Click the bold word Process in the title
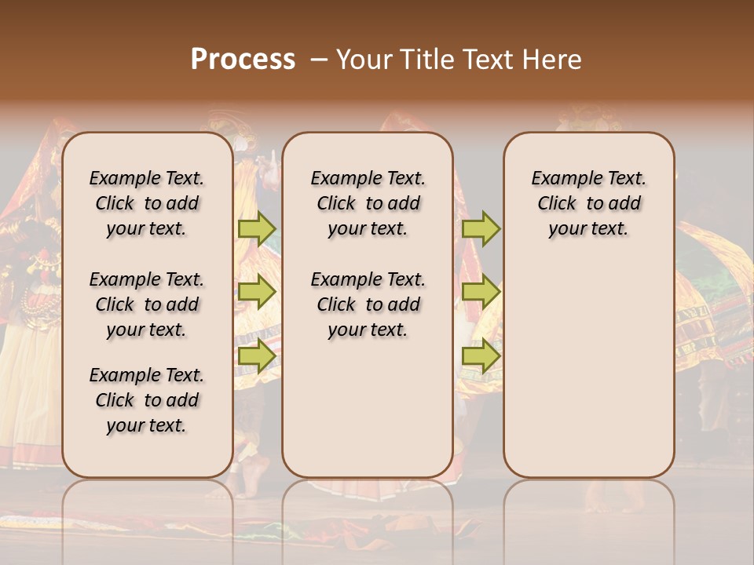tap(243, 60)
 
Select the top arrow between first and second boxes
tap(257, 229)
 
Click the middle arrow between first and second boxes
tap(257, 292)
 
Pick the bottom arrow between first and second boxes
tap(257, 355)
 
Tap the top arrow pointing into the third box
tap(481, 229)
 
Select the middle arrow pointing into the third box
tap(481, 292)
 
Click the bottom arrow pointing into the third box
tap(481, 355)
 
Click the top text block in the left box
tap(147, 203)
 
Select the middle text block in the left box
tap(147, 304)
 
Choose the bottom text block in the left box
tap(147, 400)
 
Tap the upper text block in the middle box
tap(368, 203)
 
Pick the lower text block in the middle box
tap(368, 304)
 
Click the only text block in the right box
tap(588, 203)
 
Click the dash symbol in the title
tap(318, 60)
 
